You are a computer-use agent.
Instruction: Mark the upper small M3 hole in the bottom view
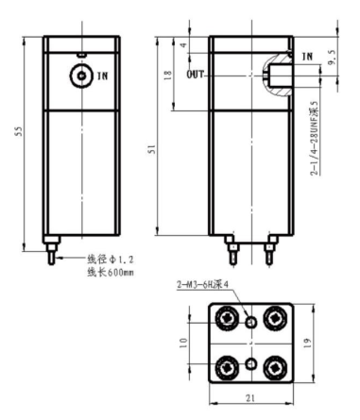(251, 322)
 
